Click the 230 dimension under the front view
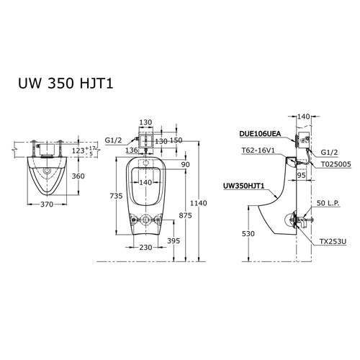pos(147,248)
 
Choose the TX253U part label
pos(333,243)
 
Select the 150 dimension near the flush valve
pos(176,140)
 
